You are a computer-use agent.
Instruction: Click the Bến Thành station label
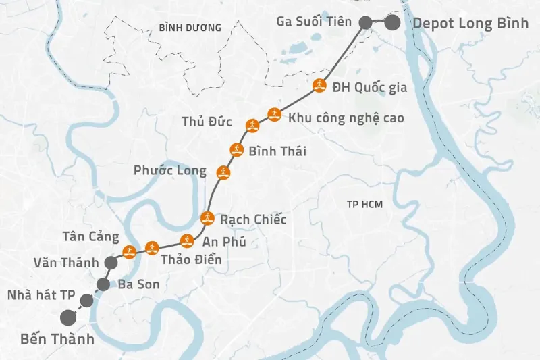coord(57,339)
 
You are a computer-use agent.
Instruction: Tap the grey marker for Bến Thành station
coord(67,317)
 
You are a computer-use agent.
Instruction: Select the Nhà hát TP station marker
coord(86,300)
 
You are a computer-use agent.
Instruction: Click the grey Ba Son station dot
coord(103,284)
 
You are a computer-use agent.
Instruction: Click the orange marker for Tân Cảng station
coord(128,252)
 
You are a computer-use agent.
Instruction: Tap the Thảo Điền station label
coord(191,259)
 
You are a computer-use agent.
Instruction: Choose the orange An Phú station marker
coord(187,240)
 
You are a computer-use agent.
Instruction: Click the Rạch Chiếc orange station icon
coord(207,217)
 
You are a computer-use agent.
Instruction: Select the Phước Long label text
coord(170,170)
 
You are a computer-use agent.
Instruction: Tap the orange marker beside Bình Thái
coord(236,150)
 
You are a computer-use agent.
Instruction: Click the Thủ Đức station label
coord(207,122)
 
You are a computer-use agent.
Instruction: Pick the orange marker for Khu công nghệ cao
coord(273,113)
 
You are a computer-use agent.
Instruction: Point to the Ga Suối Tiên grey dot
coord(364,22)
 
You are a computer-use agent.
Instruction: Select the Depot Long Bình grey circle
coord(392,22)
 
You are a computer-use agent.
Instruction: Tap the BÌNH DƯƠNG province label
coord(190,28)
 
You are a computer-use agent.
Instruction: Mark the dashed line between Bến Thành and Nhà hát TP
coord(77,309)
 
